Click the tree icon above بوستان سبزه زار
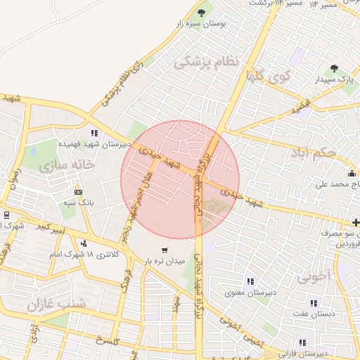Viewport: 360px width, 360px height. (x=202, y=12)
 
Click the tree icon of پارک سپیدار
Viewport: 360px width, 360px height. (x=334, y=68)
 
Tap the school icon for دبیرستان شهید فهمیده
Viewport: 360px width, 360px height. (x=94, y=133)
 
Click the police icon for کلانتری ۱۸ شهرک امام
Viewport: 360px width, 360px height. (x=84, y=243)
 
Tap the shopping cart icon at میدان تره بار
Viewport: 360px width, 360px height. (x=165, y=250)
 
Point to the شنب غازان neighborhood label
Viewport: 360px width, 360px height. (x=56, y=304)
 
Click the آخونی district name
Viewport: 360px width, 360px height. (x=313, y=276)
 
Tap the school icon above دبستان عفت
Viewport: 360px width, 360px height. (x=314, y=303)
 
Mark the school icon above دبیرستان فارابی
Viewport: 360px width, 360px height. (x=302, y=343)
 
